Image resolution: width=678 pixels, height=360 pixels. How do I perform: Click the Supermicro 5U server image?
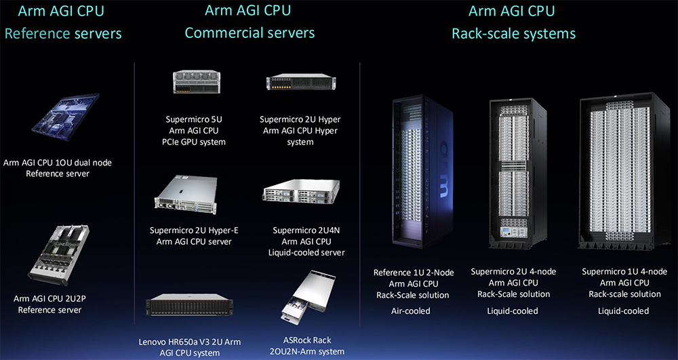click(194, 81)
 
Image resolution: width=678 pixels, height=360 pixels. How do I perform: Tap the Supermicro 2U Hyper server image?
click(301, 82)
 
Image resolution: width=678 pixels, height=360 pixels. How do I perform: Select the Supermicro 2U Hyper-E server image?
click(186, 195)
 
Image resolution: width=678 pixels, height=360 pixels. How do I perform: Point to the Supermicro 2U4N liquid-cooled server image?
click(301, 191)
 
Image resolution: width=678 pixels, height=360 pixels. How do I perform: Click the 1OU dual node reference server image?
click(66, 117)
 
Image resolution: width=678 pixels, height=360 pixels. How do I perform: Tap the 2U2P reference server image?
click(59, 254)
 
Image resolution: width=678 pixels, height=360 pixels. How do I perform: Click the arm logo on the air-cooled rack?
click(443, 170)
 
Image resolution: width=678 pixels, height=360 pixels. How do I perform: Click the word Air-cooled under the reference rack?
click(411, 311)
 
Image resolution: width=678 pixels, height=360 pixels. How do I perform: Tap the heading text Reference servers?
click(63, 33)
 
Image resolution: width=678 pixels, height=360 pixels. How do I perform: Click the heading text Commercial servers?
click(250, 33)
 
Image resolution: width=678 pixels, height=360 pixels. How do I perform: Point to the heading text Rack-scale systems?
click(514, 33)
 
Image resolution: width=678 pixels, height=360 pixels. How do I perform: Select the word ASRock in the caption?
click(294, 340)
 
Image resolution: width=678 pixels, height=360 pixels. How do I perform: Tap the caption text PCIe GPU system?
click(193, 142)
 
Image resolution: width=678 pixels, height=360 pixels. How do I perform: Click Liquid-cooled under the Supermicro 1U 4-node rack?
click(623, 311)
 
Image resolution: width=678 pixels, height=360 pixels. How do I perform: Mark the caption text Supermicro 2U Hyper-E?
click(194, 231)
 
